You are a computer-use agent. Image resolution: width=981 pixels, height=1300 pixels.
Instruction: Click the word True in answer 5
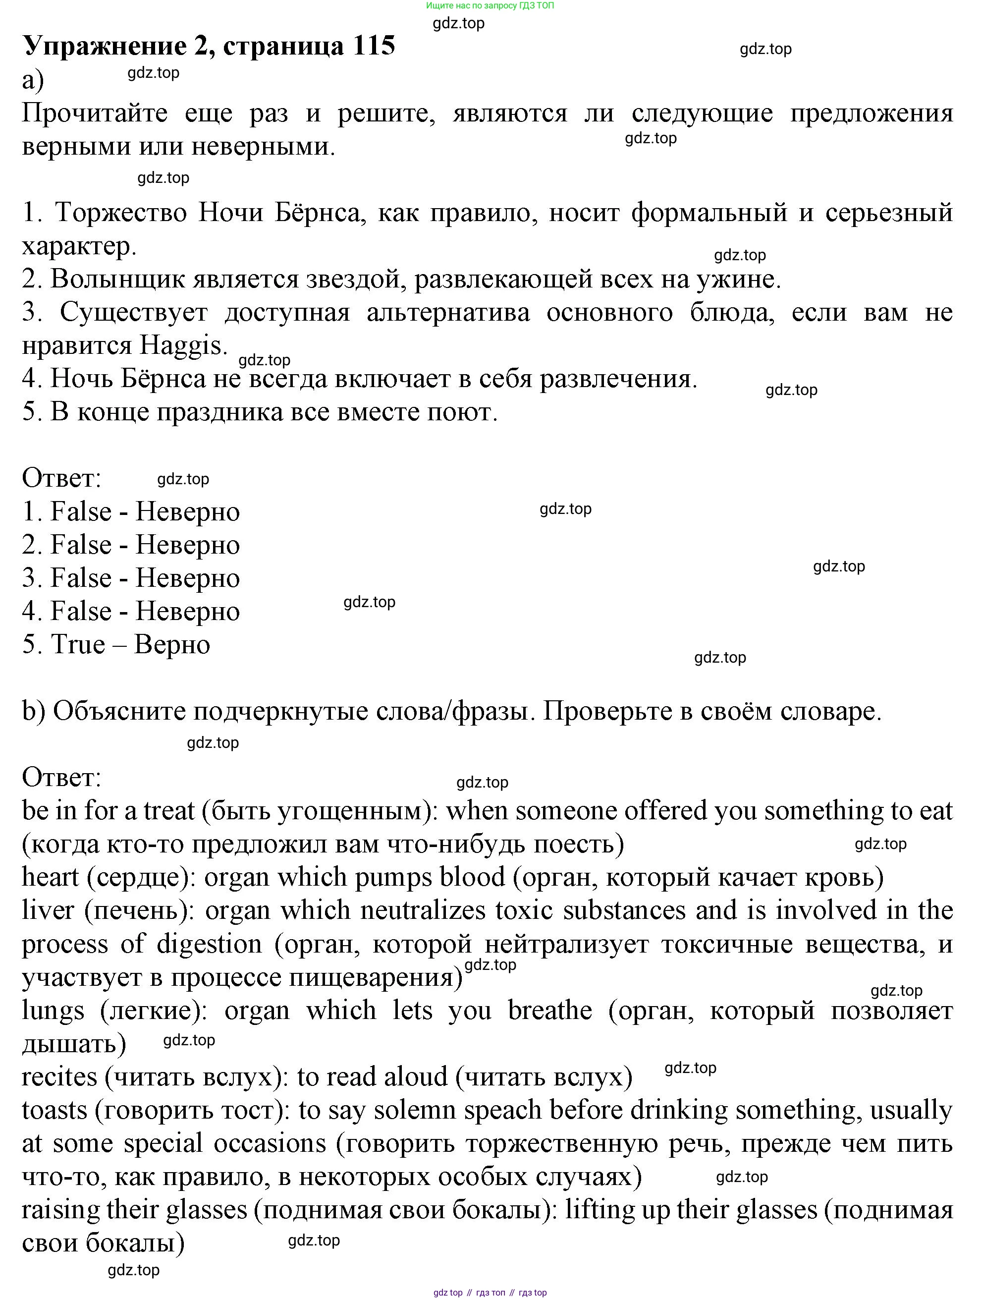tap(78, 645)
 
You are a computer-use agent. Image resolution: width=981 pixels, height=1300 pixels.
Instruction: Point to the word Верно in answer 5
tap(172, 645)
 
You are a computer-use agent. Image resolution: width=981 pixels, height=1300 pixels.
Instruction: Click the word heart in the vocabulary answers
tap(51, 877)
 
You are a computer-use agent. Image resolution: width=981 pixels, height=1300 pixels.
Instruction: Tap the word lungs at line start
tap(53, 1011)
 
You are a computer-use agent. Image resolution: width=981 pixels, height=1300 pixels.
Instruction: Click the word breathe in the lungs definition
tap(550, 1011)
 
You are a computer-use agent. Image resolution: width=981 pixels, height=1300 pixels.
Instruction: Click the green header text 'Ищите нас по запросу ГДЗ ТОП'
tap(490, 5)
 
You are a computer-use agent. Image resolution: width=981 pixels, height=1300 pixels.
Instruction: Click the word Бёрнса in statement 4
tap(164, 379)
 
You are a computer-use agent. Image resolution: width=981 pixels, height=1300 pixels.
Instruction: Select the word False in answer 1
tap(81, 512)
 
